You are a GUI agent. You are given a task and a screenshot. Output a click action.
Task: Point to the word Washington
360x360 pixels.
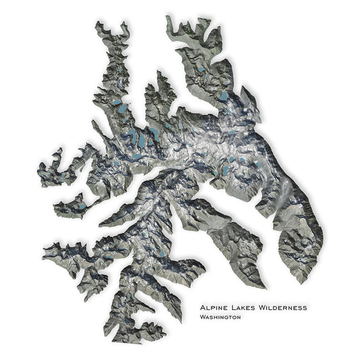pyautogui.click(x=220, y=317)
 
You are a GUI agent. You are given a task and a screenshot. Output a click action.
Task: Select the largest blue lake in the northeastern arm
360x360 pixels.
pyautogui.click(x=224, y=97)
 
